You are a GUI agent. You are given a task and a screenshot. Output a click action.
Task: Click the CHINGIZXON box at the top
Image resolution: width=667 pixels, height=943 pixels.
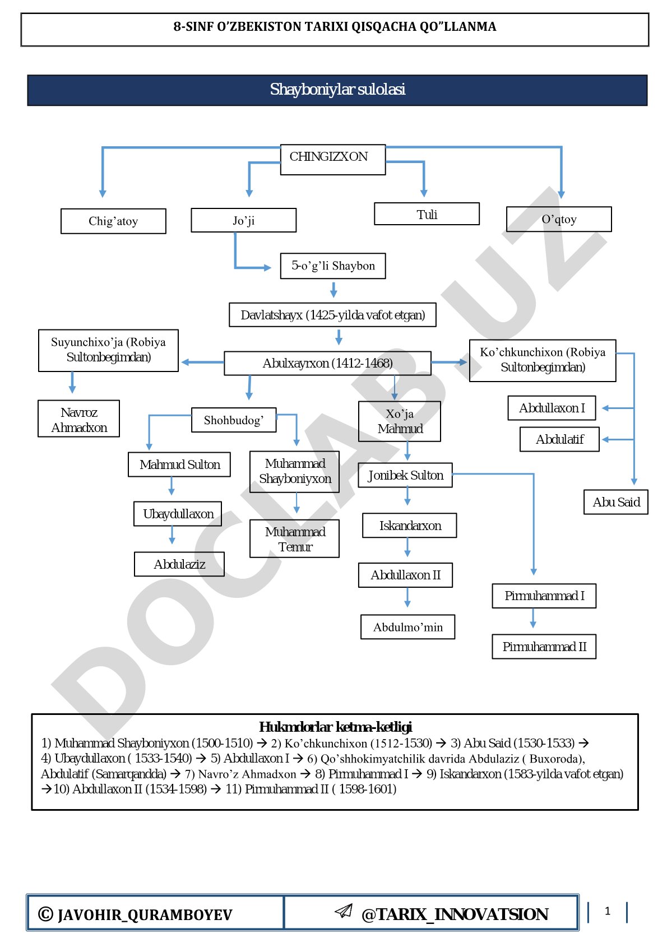click(x=332, y=160)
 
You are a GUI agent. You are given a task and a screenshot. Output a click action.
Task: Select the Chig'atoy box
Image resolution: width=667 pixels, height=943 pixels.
click(x=113, y=221)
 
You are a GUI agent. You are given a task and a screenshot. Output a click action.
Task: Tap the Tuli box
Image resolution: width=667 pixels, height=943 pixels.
click(x=427, y=214)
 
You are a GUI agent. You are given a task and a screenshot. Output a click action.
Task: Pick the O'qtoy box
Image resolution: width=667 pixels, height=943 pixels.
click(x=559, y=219)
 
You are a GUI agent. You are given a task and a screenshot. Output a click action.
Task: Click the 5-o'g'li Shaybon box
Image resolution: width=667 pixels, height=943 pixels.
click(x=332, y=266)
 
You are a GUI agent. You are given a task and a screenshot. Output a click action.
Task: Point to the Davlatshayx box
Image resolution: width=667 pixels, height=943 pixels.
click(x=332, y=314)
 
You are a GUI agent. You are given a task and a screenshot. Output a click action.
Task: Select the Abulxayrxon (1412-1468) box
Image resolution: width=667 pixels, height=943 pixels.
click(x=327, y=363)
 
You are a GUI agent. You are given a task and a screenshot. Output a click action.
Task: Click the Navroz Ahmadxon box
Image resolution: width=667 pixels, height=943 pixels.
click(x=78, y=419)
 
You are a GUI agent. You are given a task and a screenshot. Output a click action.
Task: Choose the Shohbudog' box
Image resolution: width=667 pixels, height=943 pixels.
click(x=234, y=420)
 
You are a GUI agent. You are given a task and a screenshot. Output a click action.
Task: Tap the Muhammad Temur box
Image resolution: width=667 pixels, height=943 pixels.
click(x=294, y=538)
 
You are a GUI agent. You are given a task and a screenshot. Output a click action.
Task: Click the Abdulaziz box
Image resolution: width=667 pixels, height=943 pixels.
click(x=179, y=564)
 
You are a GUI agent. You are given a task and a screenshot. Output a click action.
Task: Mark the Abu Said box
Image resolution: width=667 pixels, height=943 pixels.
click(x=615, y=502)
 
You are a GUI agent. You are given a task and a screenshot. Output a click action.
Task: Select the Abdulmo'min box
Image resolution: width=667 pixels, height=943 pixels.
click(x=407, y=627)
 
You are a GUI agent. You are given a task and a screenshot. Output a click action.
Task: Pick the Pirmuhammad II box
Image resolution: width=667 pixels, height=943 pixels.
click(x=544, y=646)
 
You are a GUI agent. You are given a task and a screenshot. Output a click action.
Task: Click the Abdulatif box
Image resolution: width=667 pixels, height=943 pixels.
click(x=559, y=439)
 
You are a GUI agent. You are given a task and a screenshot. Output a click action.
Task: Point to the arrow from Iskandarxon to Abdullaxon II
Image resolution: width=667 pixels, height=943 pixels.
click(x=407, y=547)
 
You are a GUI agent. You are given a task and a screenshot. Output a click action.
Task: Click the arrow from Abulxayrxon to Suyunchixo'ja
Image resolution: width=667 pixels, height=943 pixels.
click(x=202, y=362)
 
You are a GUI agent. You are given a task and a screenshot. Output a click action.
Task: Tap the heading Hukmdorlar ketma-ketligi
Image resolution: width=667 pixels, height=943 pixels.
click(x=335, y=727)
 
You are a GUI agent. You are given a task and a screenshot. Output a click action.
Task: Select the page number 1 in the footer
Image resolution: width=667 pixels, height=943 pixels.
click(x=607, y=911)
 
